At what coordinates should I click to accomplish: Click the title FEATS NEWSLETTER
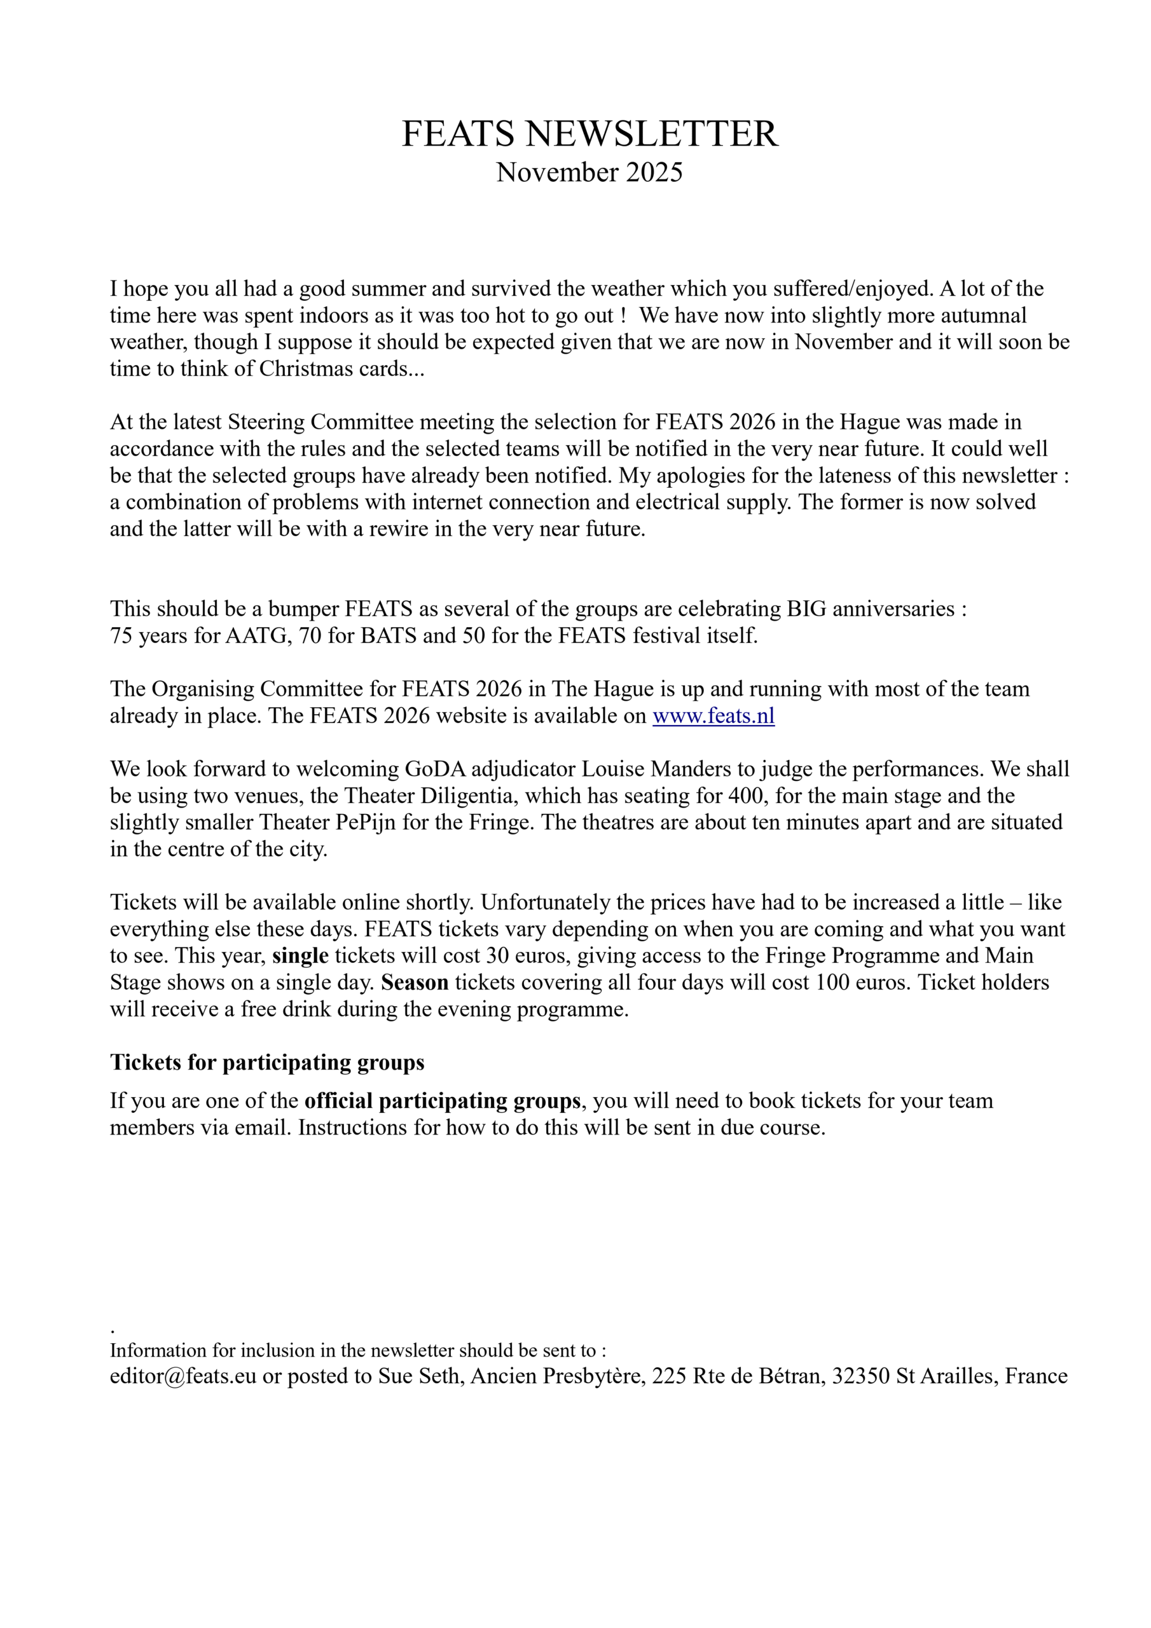pyautogui.click(x=589, y=134)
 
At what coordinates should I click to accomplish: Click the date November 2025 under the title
pyautogui.click(x=589, y=172)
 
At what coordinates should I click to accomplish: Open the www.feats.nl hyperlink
pyautogui.click(x=713, y=715)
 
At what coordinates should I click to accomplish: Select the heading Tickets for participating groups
pyautogui.click(x=267, y=1062)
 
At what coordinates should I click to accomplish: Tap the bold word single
pyautogui.click(x=300, y=956)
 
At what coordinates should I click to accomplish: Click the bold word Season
pyautogui.click(x=415, y=983)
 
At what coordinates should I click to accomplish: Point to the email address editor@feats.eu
pyautogui.click(x=183, y=1376)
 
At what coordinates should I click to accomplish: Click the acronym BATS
pyautogui.click(x=388, y=635)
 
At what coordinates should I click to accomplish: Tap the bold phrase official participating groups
pyautogui.click(x=443, y=1101)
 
